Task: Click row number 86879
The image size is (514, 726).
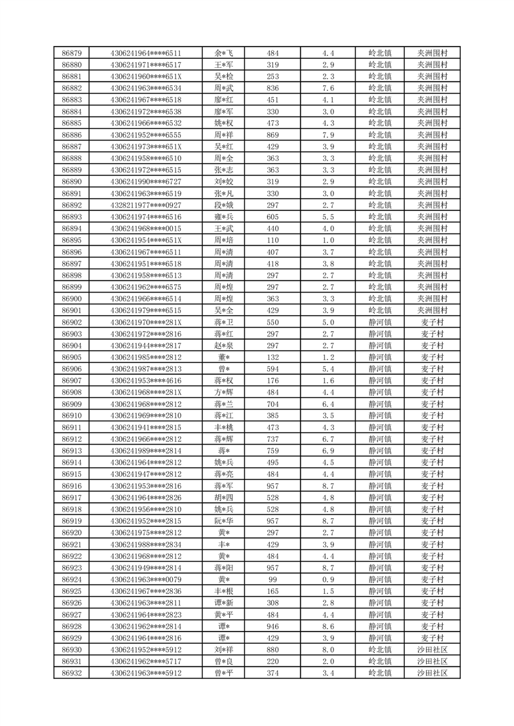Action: [x=71, y=53]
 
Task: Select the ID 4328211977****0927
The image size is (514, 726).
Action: [x=146, y=205]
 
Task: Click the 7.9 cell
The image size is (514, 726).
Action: [x=328, y=135]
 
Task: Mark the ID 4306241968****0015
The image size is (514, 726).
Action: [x=146, y=228]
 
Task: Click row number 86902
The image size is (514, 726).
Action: [x=71, y=322]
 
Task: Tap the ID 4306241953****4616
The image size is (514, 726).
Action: [x=146, y=380]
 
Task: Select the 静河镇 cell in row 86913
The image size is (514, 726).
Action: [x=380, y=450]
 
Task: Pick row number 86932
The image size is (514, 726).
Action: [x=71, y=673]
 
